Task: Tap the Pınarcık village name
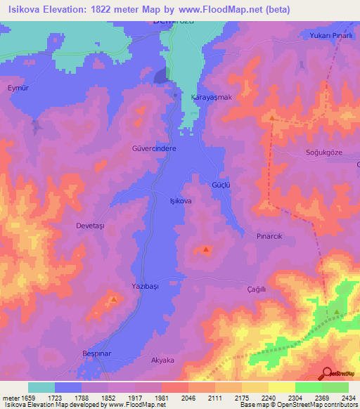pyautogui.click(x=269, y=237)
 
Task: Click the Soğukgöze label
pyautogui.click(x=322, y=152)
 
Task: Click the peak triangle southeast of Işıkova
pyautogui.click(x=206, y=249)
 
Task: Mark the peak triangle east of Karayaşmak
pyautogui.click(x=272, y=118)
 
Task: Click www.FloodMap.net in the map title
pyautogui.click(x=220, y=9)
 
